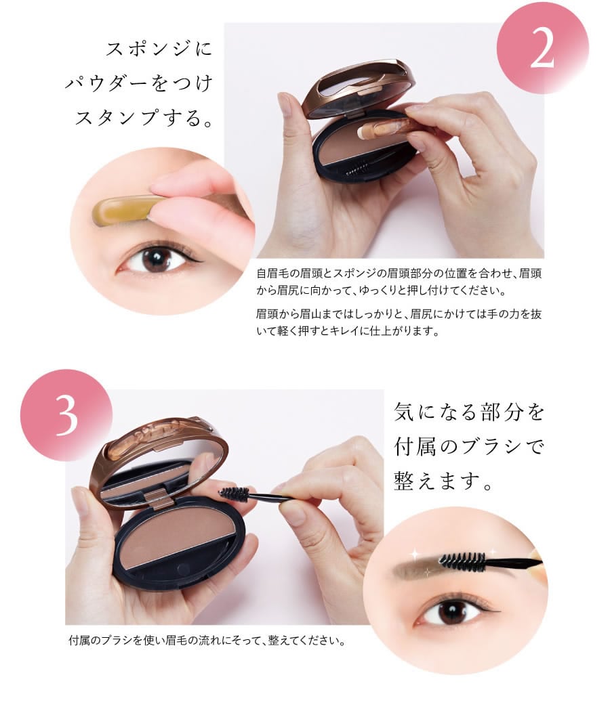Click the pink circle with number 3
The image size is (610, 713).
point(66,415)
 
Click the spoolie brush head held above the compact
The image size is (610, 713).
point(235,494)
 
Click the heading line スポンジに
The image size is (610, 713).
point(159,49)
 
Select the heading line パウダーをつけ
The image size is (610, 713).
point(139,84)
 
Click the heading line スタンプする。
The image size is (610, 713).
point(144,118)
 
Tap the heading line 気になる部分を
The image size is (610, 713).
point(469,412)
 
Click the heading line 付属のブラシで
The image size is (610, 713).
point(469,447)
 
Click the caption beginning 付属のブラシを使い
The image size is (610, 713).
point(207,641)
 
